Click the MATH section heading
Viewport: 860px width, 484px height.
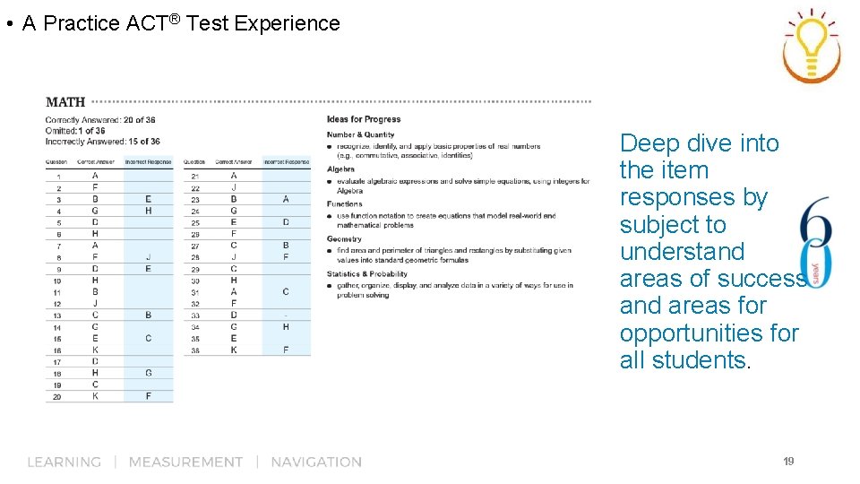[x=65, y=102]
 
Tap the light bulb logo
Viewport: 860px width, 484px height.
[x=812, y=46]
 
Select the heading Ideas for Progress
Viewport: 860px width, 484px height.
[x=364, y=119]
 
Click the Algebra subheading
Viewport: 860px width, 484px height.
[x=340, y=169]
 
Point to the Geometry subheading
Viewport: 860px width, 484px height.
[x=344, y=238]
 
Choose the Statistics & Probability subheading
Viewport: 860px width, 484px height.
[x=366, y=273]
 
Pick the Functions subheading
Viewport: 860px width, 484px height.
[x=344, y=203]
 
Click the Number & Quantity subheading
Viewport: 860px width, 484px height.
[x=360, y=134]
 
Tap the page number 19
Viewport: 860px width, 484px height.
[x=788, y=462]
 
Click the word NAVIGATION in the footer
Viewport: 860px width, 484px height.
[x=316, y=462]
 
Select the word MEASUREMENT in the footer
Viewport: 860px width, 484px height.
[x=185, y=462]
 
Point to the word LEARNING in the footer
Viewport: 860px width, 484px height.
[x=64, y=462]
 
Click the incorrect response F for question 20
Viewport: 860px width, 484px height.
[x=148, y=395]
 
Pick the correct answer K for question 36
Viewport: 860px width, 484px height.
[x=234, y=350]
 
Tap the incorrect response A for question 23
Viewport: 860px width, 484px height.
[x=286, y=199]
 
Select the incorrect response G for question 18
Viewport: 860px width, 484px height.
[x=148, y=373]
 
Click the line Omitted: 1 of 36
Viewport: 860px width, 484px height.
[x=75, y=131]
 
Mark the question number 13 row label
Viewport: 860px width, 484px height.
[x=57, y=315]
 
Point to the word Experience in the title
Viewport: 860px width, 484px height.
[x=288, y=23]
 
